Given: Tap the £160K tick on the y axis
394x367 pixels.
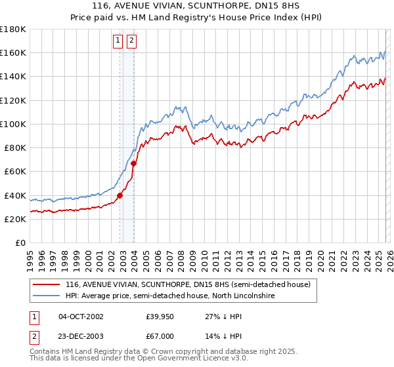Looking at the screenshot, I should coord(13,53).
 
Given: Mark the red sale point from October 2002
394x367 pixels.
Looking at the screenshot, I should coord(120,195).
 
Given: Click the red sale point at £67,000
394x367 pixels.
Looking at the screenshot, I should coord(134,163).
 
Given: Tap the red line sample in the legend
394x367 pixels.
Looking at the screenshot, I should coord(46,284).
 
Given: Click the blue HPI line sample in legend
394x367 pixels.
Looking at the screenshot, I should coord(46,296).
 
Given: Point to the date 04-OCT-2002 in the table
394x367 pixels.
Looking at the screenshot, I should coord(81,317).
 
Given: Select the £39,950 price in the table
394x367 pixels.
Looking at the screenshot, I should coord(160,317).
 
